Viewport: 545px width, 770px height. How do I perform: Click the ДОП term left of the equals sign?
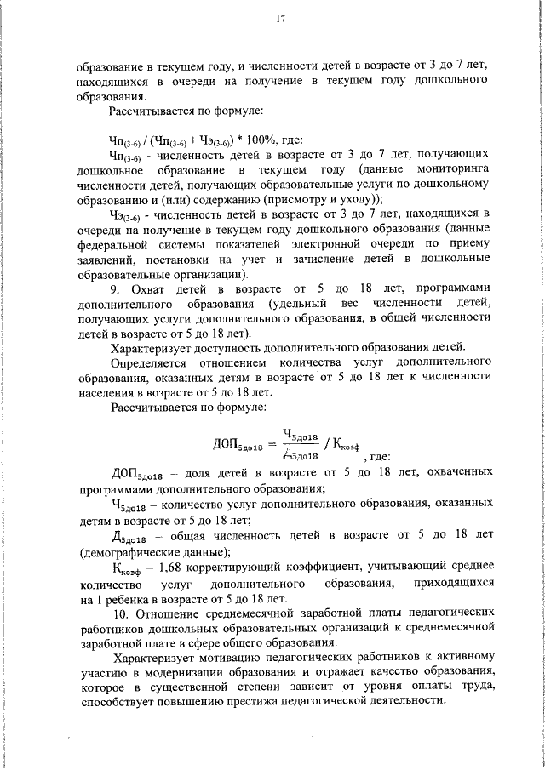[x=231, y=443]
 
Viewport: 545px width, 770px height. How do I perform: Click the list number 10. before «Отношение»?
[x=118, y=613]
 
